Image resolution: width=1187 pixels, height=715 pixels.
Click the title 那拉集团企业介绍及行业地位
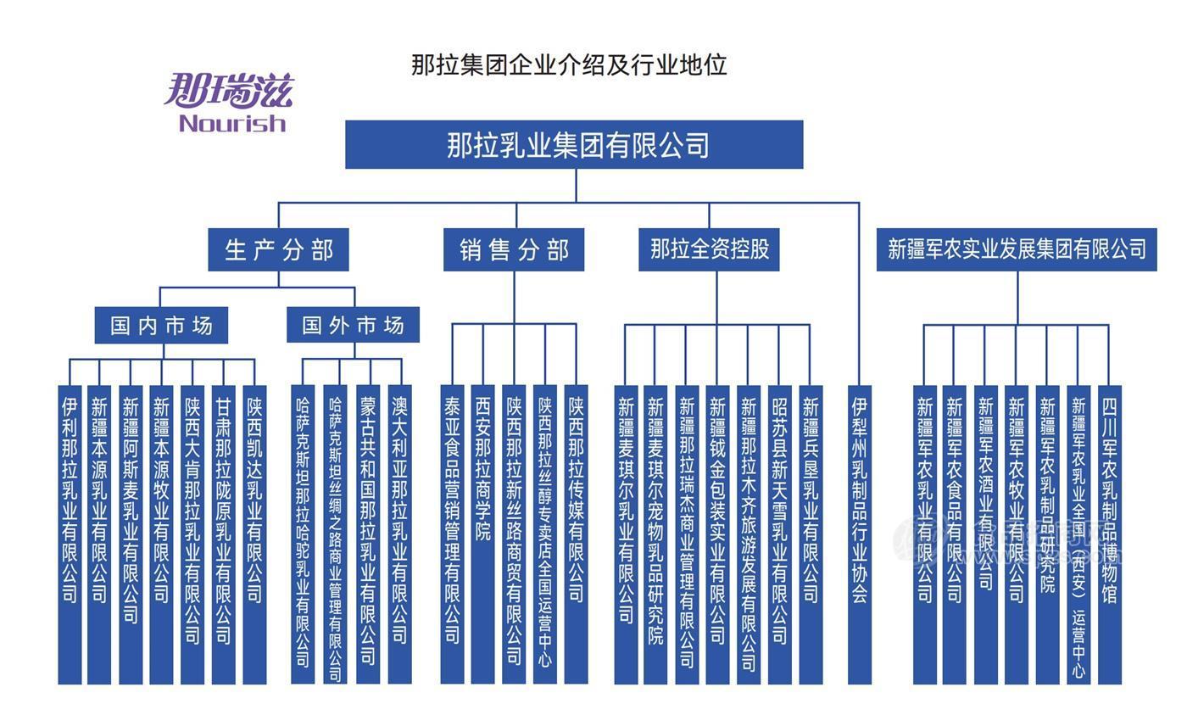click(569, 64)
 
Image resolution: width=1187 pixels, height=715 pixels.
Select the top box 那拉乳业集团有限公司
click(574, 145)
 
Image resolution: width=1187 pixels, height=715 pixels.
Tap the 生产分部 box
click(278, 250)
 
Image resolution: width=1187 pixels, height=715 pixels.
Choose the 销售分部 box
click(514, 250)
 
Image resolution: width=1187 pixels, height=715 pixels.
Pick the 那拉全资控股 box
click(709, 249)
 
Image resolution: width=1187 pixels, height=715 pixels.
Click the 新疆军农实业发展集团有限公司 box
click(1017, 249)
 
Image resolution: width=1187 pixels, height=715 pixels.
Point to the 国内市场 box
click(161, 326)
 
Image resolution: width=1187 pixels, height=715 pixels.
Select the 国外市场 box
click(353, 326)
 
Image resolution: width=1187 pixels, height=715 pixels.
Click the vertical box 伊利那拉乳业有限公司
click(70, 534)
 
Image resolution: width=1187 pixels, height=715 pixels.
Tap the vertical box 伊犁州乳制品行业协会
click(860, 534)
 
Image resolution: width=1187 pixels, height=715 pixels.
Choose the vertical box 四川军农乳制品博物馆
click(1109, 534)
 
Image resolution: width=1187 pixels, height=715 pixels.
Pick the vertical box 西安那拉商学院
click(482, 534)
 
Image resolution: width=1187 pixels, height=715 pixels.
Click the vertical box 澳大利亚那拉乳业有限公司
click(399, 534)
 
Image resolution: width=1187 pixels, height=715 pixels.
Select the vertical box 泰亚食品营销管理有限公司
click(452, 534)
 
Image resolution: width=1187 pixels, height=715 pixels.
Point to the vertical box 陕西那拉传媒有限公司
click(576, 534)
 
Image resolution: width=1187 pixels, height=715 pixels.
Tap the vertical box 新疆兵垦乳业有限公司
click(811, 534)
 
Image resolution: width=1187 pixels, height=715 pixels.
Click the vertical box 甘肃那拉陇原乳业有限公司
click(223, 534)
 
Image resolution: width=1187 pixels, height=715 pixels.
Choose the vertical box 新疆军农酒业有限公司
click(985, 534)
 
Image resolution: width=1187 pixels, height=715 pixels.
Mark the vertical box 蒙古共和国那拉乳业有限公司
click(368, 534)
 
